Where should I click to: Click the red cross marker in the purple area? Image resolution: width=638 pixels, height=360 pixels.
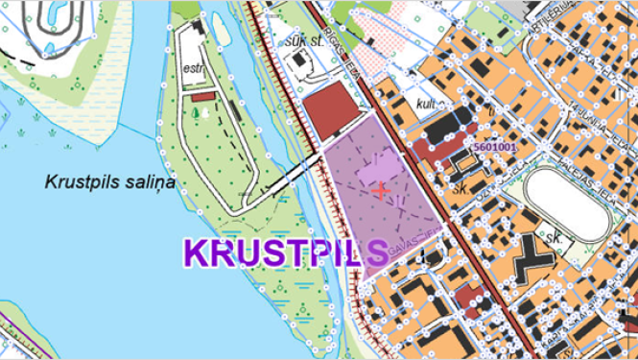[x=381, y=190]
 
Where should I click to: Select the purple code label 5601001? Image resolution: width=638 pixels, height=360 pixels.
[x=495, y=147]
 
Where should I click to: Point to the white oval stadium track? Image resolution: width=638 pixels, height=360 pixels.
[x=568, y=203]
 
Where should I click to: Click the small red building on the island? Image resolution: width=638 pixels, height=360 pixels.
[x=201, y=96]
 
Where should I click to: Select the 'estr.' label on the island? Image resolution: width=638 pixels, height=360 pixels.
[x=198, y=68]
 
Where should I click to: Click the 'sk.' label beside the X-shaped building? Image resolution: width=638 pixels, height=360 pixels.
[x=554, y=236]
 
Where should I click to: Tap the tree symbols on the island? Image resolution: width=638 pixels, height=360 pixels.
[x=198, y=113]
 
